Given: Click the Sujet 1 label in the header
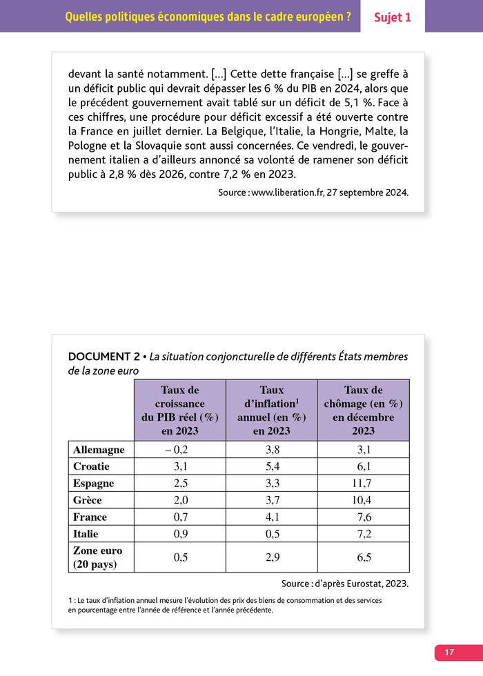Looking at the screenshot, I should [392, 17].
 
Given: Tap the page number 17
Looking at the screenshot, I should [449, 652].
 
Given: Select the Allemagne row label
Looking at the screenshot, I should [99, 450].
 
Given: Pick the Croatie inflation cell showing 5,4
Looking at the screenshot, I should [272, 466].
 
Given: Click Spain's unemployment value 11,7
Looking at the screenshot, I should [363, 483].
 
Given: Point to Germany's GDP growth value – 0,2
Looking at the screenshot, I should [180, 450].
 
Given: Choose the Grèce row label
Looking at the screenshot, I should [88, 500].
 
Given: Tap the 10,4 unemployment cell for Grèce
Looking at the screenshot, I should [363, 500].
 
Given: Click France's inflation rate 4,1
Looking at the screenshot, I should [272, 517].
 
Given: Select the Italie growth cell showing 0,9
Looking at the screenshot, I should [180, 533].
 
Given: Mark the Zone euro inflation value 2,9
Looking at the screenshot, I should [272, 557].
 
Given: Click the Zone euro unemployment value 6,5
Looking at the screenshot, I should [363, 557].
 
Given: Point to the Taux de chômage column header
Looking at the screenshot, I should [363, 410].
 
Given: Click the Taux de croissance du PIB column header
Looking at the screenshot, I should [180, 410].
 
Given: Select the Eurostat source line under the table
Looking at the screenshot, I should [344, 584].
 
